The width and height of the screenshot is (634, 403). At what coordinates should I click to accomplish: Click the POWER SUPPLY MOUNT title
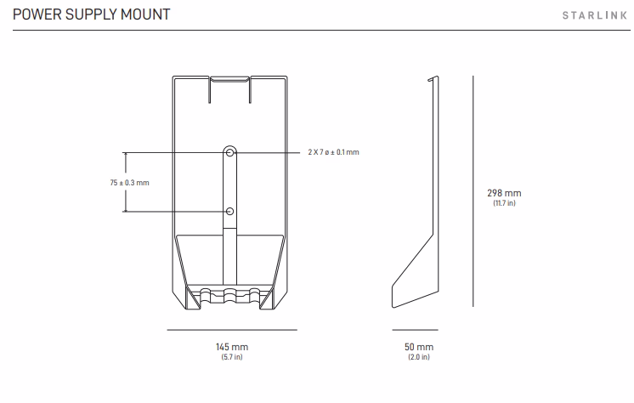point(92,14)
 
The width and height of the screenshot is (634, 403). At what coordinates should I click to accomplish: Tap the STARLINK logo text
point(595,15)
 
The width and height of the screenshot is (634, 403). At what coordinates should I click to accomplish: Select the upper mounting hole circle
point(229,152)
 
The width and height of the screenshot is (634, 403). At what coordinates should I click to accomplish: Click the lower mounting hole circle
point(229,211)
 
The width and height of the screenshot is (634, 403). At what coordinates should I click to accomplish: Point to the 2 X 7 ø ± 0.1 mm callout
point(334,152)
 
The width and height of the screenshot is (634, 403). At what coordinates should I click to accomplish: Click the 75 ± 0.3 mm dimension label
point(129,183)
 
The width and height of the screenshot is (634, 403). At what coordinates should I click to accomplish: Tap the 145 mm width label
point(232,347)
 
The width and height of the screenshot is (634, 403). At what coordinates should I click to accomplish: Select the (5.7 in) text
point(232,357)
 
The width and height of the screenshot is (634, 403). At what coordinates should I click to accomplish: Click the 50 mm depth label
point(419,347)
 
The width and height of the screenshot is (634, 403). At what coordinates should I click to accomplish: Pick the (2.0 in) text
point(419,357)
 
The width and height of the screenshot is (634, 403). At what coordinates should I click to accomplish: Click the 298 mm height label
point(504,193)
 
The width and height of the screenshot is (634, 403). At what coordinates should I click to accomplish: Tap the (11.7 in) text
point(504,203)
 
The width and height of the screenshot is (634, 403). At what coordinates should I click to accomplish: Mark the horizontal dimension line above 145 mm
point(232,330)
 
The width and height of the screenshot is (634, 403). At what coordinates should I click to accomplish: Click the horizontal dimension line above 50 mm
point(416,330)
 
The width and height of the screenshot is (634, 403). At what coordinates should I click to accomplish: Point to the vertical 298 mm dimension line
point(473,191)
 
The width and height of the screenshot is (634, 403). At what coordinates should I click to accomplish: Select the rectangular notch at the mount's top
point(229,89)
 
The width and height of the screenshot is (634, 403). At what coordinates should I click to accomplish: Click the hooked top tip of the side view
point(433,78)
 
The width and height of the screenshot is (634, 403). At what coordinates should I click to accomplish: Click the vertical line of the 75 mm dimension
point(126,182)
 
